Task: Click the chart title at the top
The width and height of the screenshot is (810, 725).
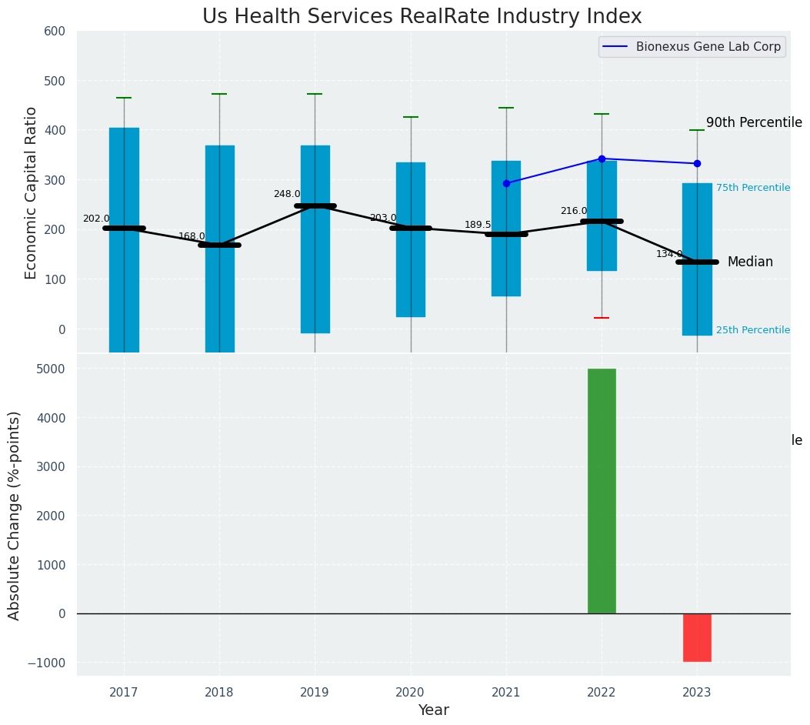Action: coord(422,17)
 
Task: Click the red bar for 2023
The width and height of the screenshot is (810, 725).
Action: coord(697,637)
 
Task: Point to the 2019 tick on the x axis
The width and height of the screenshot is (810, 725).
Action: coord(315,693)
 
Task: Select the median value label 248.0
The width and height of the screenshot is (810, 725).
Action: coord(287,194)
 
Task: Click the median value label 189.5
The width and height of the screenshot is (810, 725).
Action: coord(478,225)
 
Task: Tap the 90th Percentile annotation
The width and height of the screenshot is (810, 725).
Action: coord(754,123)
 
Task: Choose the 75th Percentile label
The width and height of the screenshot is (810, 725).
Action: coord(752,188)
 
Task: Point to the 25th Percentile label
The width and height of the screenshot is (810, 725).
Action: coord(752,330)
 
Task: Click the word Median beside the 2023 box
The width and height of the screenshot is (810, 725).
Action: coord(750,262)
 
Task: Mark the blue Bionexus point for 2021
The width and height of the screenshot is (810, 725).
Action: coord(506,183)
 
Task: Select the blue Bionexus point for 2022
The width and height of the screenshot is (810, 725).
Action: coord(602,159)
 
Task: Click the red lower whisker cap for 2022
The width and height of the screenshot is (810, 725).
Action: coord(602,318)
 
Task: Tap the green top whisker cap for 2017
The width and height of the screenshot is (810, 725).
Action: coord(124,98)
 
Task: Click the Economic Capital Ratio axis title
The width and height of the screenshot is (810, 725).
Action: coord(32,192)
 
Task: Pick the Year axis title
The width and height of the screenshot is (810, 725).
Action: coord(434,710)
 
